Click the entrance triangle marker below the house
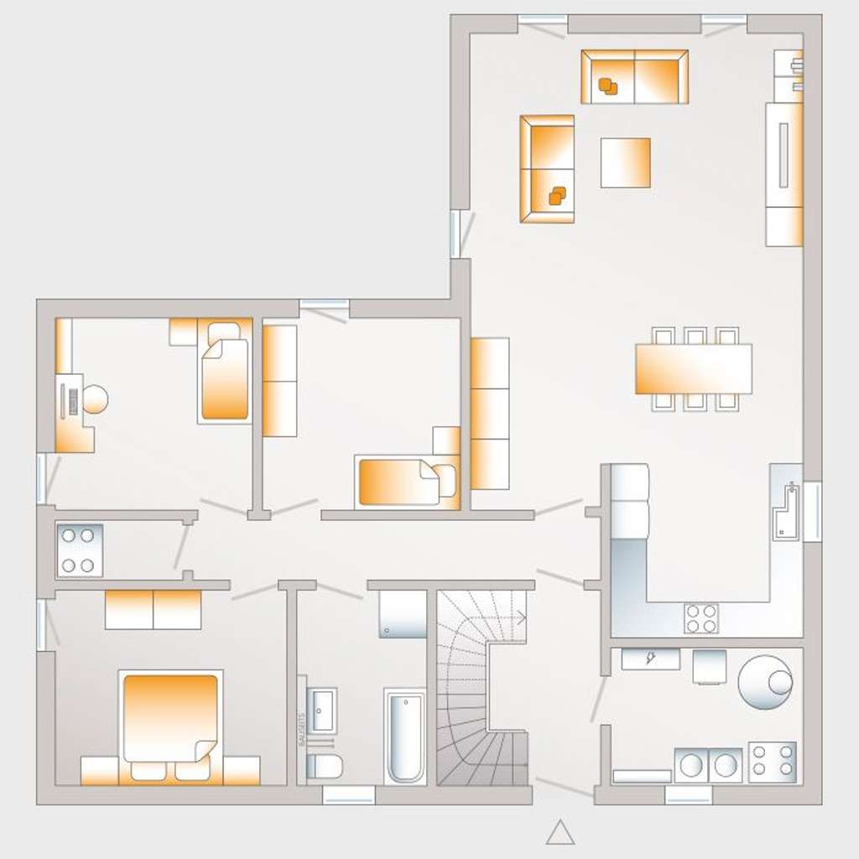(560, 832)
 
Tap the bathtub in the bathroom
(404, 736)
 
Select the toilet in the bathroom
(324, 765)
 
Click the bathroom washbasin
(321, 710)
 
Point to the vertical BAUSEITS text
(302, 730)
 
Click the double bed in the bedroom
(171, 718)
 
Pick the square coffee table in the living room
(625, 163)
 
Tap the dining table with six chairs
(693, 369)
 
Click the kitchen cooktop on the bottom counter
(701, 618)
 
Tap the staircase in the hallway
(482, 688)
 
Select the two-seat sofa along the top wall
(634, 76)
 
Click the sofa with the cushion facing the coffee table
(547, 169)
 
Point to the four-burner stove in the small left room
(80, 550)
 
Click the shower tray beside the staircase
(403, 613)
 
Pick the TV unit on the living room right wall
(784, 174)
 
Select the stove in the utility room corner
(772, 762)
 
